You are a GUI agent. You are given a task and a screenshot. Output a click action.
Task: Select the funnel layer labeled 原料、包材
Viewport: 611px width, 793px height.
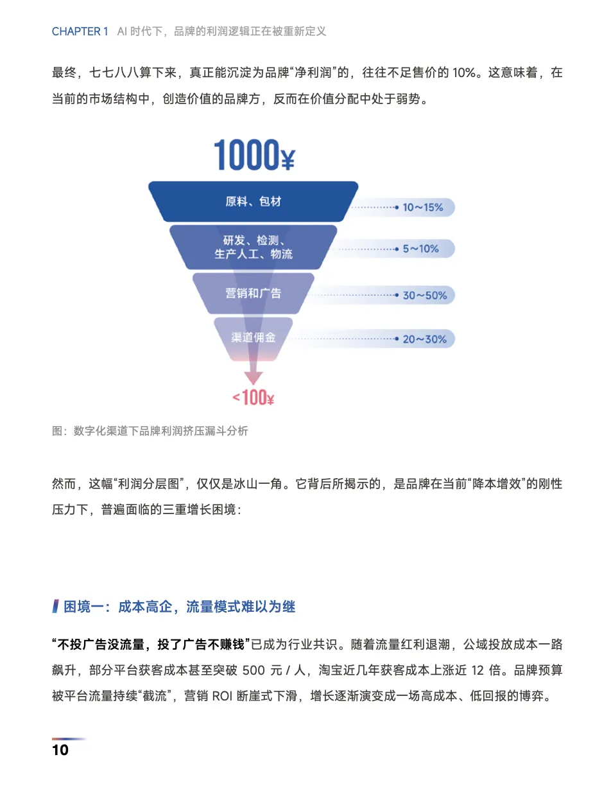pyautogui.click(x=253, y=201)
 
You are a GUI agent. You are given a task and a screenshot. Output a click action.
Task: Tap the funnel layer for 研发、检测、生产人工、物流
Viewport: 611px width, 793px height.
pyautogui.click(x=253, y=247)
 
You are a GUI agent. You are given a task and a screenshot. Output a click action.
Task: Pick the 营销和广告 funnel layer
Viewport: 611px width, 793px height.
pyautogui.click(x=253, y=293)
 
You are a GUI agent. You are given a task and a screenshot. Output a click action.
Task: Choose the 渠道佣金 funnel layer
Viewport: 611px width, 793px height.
pyautogui.click(x=253, y=337)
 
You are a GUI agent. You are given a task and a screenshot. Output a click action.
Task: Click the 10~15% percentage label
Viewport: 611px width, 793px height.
pyautogui.click(x=422, y=207)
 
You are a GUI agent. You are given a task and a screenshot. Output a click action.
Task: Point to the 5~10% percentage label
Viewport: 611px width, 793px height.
pyautogui.click(x=421, y=248)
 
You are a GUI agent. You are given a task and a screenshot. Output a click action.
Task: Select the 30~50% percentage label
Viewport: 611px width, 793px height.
pyautogui.click(x=424, y=296)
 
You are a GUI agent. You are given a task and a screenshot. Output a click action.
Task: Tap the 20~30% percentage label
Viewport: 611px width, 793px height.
pyautogui.click(x=424, y=339)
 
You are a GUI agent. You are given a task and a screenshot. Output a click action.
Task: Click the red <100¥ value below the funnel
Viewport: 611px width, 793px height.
pyautogui.click(x=253, y=398)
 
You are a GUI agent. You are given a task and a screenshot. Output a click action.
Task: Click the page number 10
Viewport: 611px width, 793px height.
pyautogui.click(x=60, y=749)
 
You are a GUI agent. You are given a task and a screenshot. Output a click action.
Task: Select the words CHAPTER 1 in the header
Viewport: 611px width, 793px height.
pyautogui.click(x=80, y=31)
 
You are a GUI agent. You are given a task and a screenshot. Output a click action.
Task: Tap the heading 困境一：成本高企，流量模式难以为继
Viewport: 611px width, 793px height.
pyautogui.click(x=180, y=607)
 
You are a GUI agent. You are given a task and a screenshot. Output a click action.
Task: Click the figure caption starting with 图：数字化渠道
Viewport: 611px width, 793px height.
pyautogui.click(x=150, y=431)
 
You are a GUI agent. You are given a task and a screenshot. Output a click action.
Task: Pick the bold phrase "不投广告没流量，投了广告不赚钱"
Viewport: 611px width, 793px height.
pyautogui.click(x=151, y=645)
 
